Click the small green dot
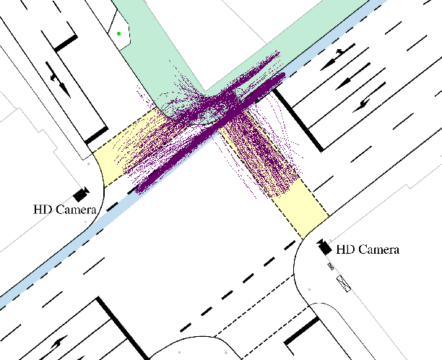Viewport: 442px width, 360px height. (118, 33)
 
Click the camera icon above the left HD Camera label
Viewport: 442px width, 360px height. (80, 194)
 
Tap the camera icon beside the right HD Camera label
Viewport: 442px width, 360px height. (324, 246)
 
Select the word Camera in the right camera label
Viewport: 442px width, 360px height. (378, 250)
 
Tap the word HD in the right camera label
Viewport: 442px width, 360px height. (346, 250)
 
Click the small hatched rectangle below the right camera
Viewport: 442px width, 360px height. (344, 283)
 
